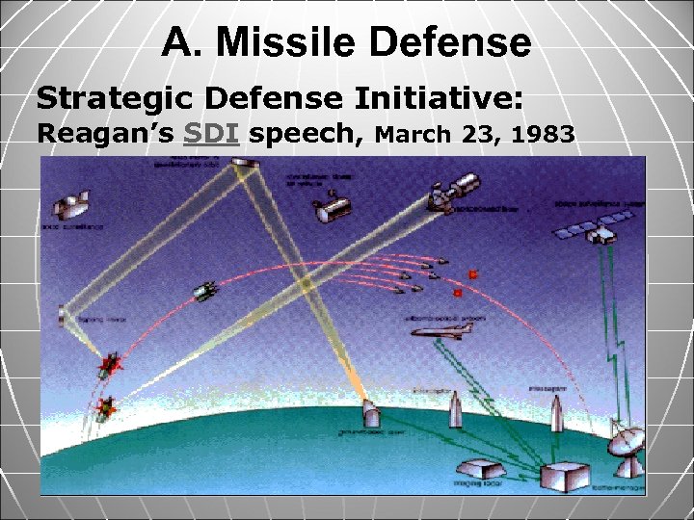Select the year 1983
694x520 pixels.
[544, 134]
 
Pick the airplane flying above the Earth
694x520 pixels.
[440, 331]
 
